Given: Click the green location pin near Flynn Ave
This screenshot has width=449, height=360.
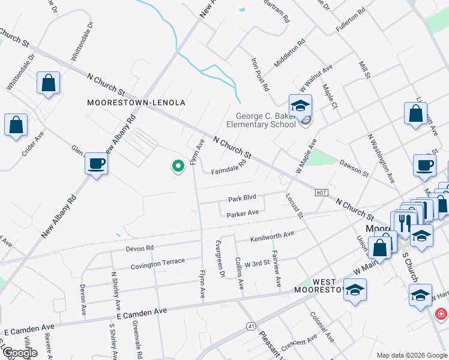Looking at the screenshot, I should (177, 166).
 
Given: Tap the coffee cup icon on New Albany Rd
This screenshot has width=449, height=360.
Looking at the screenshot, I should (96, 164).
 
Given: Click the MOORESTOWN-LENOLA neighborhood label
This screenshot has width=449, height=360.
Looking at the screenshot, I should (136, 103).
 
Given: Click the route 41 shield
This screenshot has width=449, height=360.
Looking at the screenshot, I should (251, 326).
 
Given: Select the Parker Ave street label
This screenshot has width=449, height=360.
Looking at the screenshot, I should (243, 213).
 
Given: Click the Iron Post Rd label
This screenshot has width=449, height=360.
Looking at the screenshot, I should (260, 75).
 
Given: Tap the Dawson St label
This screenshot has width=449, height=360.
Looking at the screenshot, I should (353, 167).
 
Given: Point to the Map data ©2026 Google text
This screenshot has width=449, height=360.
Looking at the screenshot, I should (411, 355).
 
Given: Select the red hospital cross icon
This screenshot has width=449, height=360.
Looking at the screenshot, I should (441, 314).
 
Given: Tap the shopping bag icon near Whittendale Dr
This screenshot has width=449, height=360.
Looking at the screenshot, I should (48, 83).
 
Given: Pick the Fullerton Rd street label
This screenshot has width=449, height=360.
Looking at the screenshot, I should (351, 20).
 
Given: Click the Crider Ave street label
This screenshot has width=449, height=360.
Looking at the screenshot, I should (33, 144).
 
